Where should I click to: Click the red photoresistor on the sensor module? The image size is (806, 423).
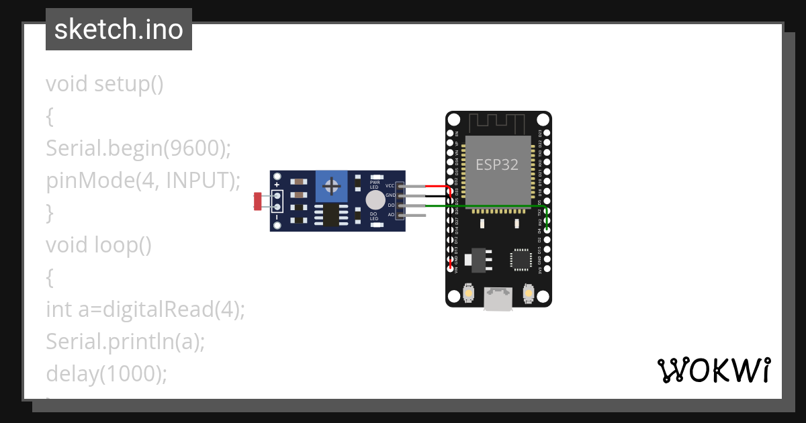257,199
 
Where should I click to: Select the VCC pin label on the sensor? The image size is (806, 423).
390,185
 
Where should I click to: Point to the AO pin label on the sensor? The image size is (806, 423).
391,215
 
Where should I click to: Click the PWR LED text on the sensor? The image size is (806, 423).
374,184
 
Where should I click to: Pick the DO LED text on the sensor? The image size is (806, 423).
374,216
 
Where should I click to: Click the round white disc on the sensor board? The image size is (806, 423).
375,200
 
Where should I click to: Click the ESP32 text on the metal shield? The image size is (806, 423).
497,164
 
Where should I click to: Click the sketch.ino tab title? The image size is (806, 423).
118,30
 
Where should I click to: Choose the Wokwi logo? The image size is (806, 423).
713,370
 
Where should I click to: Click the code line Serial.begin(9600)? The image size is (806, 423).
138,148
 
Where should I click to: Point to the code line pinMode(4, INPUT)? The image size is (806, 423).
143,181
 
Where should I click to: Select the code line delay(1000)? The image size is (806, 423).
106,374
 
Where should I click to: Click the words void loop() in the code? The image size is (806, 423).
99,245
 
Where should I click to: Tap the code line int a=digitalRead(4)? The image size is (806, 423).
146,310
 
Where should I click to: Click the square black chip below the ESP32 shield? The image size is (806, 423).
521,260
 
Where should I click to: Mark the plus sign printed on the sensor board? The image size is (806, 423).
277,184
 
